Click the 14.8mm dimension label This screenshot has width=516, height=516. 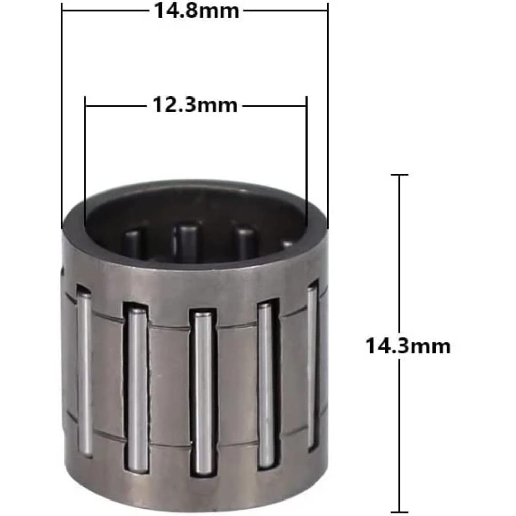click(197, 10)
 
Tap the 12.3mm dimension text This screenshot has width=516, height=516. click(195, 105)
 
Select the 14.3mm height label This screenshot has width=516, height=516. click(408, 345)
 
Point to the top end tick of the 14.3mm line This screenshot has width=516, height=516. click(399, 175)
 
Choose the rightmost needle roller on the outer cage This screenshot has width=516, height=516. click(312, 366)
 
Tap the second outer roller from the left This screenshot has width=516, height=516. click(137, 387)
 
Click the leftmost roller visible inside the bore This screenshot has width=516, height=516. click(133, 243)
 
